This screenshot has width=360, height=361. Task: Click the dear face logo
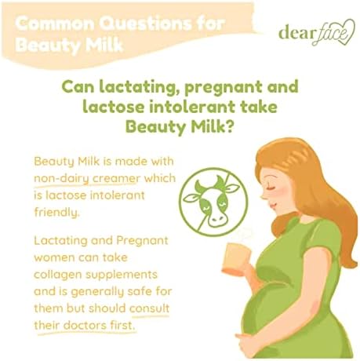coord(317,33)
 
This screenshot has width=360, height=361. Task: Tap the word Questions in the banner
coord(146,24)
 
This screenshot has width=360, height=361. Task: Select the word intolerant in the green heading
coord(195,108)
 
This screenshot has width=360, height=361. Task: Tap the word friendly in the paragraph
coord(56,212)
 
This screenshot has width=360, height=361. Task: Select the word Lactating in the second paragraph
coord(60,241)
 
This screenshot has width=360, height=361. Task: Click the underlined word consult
coord(150,308)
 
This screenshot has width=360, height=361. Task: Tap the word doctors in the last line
coord(85,326)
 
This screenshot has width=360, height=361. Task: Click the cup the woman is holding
coord(235,259)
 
